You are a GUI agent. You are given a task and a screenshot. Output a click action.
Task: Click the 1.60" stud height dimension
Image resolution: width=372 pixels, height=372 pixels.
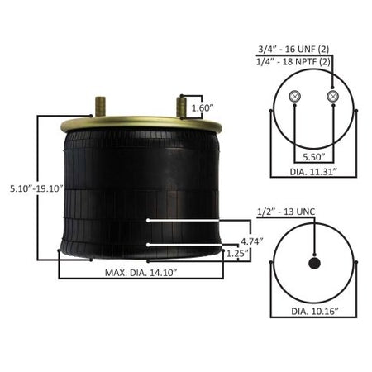(203, 108)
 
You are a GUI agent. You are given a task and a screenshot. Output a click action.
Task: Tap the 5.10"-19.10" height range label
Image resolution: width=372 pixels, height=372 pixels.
(36, 188)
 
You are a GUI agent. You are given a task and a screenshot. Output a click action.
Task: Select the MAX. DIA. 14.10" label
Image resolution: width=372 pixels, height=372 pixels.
(141, 273)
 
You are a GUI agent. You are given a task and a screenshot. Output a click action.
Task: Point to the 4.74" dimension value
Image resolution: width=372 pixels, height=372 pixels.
(252, 241)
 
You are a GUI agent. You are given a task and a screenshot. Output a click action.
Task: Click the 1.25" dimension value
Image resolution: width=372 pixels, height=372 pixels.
(237, 253)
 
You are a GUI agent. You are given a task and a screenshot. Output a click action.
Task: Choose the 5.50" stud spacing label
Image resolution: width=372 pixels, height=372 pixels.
(314, 157)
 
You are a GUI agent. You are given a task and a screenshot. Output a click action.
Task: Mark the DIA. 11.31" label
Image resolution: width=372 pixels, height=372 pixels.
(313, 171)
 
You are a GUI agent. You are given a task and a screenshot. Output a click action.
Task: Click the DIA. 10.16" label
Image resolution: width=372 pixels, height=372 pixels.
(315, 312)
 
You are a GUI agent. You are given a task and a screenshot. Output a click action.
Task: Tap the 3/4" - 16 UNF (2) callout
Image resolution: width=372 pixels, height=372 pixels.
(293, 50)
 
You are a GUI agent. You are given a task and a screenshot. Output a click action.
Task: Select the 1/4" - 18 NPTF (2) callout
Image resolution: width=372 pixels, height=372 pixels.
(293, 62)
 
